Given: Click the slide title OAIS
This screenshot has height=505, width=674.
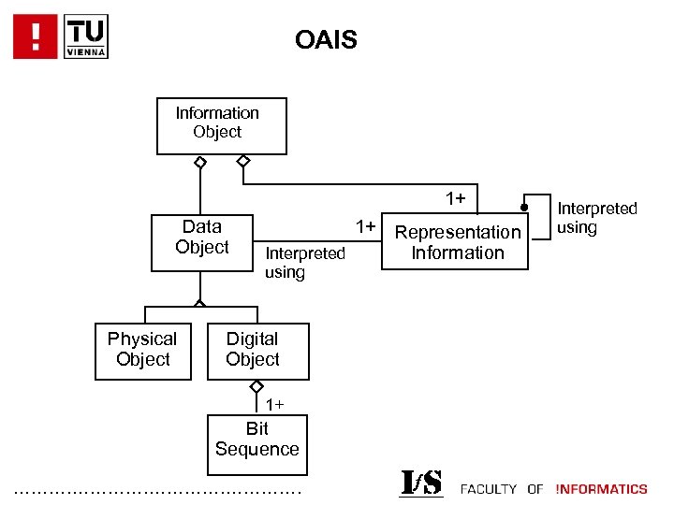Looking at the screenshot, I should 326,40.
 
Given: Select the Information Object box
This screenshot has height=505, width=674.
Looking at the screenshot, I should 221,125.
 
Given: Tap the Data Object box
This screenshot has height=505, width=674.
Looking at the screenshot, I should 202,241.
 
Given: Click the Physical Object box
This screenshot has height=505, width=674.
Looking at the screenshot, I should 142,351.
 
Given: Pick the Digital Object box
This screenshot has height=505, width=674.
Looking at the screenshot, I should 253,351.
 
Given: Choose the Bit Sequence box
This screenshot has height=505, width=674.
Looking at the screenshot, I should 256,440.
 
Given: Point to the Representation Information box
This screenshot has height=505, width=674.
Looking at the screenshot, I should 458,243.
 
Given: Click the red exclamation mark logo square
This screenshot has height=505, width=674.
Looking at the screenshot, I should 36,36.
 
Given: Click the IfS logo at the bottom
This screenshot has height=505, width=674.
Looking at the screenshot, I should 421,483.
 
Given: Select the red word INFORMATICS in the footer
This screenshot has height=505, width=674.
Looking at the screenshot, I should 601,489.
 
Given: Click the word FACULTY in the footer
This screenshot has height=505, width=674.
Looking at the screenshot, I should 489,489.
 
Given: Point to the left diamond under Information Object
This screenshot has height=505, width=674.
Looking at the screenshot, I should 199,162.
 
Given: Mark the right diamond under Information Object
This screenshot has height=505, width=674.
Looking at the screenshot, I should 243,162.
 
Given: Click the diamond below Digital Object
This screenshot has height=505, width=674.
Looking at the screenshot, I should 256,386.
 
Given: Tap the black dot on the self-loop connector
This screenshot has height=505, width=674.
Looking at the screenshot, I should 525,208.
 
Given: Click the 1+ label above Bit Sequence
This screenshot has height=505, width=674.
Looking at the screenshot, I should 274,405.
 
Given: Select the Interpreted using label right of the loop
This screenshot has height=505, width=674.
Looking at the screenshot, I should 596,218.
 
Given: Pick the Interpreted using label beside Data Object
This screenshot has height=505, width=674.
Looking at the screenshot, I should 305,263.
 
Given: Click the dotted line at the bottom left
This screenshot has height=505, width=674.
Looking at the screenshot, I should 159,491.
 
